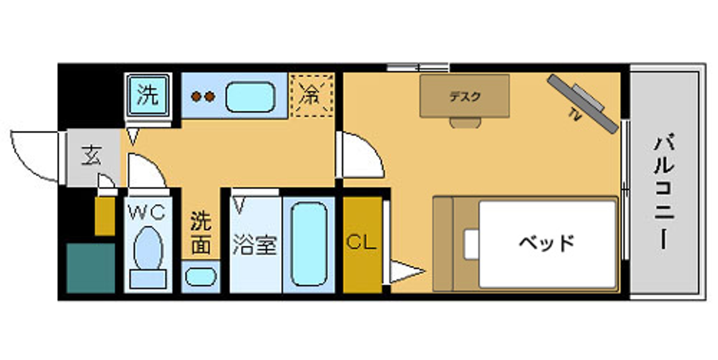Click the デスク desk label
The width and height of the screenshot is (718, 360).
[465, 97]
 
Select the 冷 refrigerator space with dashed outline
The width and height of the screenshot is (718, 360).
[312, 95]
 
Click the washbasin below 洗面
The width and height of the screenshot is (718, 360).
[201, 277]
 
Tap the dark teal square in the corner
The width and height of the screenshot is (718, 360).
[90, 268]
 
